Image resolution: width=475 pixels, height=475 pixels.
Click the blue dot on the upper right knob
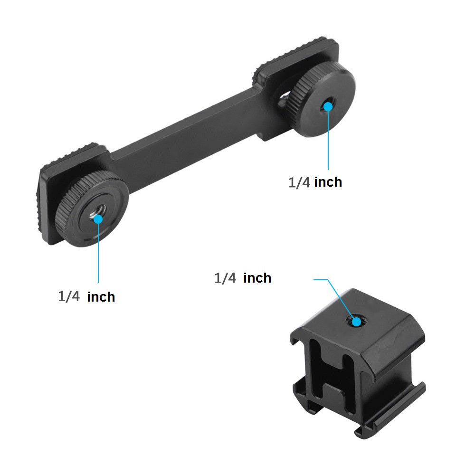coord(328,106)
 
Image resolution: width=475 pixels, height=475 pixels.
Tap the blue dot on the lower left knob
coord(98,219)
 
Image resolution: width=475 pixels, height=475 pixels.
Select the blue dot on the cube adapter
coord(357,322)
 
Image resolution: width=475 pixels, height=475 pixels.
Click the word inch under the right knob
coord(328,182)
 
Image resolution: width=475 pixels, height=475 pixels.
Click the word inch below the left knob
coord(101,297)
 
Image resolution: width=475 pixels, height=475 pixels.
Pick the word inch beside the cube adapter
coord(257,278)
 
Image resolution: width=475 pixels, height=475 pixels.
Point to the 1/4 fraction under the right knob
coord(299,182)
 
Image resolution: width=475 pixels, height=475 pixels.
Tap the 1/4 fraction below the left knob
coord(69,296)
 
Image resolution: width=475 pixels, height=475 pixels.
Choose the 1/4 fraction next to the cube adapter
coord(225,278)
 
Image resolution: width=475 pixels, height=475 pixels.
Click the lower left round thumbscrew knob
coord(92,209)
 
